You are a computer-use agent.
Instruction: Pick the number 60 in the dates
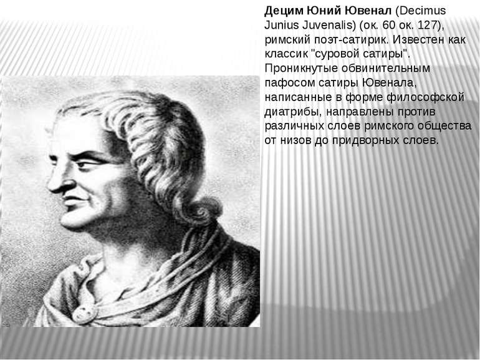click(389, 25)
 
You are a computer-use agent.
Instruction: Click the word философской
click(426, 97)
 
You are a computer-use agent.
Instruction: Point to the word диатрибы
click(292, 112)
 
